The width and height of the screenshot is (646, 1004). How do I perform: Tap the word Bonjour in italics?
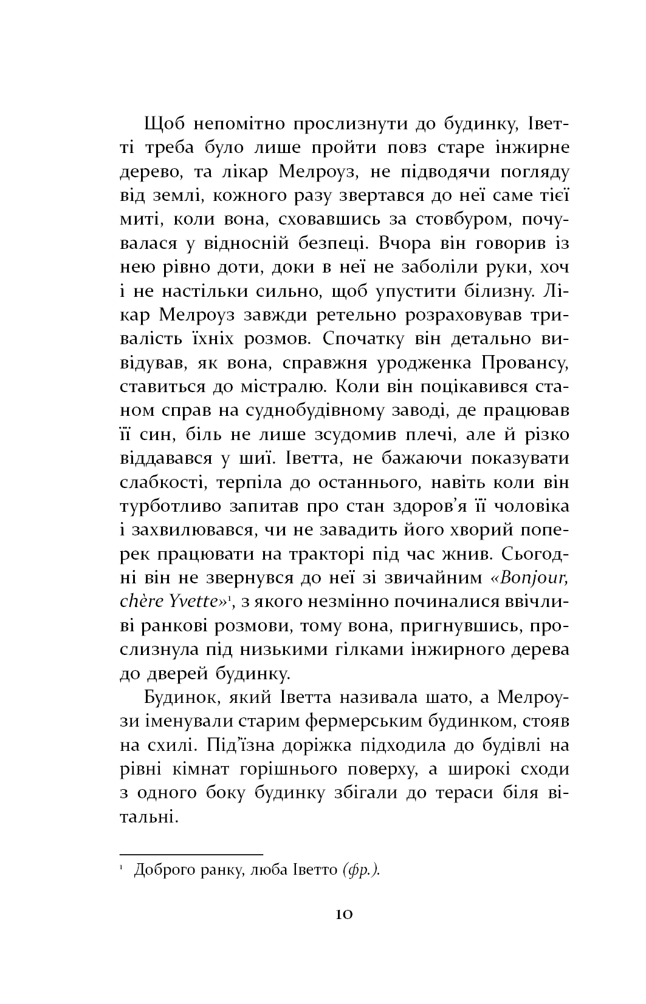pyautogui.click(x=533, y=577)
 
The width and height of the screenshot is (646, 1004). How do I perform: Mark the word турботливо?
pyautogui.click(x=178, y=506)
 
